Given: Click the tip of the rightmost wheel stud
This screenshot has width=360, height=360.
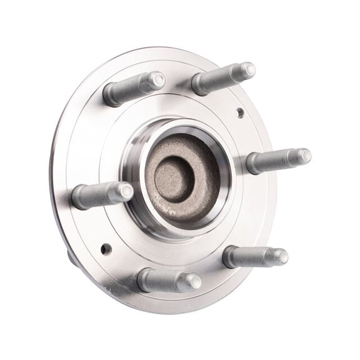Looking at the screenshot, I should coord(303,156).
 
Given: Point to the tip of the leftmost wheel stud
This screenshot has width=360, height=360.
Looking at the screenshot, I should coord(126,191).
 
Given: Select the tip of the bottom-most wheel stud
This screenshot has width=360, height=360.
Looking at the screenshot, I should coord(194,282).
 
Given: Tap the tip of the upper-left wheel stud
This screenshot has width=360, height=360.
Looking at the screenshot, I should coord(157,80).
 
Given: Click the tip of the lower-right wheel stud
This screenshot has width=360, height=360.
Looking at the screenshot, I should coord(281,256).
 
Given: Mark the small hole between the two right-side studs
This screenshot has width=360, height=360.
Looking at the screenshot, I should coord(240,112).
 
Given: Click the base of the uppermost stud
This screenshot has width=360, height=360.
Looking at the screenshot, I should coord(197,86).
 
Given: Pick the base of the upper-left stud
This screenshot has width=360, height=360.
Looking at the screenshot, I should coord(108,95).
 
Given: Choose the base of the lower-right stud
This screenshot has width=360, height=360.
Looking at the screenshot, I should coord(229,256).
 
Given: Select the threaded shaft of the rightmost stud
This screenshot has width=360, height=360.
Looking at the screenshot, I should coord(278,160).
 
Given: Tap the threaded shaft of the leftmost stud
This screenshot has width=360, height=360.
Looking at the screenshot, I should coord(100,195).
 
